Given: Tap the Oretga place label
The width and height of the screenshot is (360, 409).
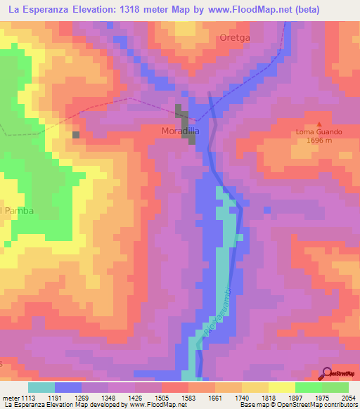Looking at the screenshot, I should click(x=235, y=37).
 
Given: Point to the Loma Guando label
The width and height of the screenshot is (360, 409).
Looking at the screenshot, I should click(x=319, y=131).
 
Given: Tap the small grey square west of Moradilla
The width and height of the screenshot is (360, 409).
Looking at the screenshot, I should click(x=76, y=134).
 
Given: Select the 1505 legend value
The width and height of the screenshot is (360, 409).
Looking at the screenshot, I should click(x=161, y=397).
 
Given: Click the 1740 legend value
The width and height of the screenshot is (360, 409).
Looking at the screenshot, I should click(x=241, y=397).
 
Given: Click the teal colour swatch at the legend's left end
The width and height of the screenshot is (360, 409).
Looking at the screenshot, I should click(x=41, y=387).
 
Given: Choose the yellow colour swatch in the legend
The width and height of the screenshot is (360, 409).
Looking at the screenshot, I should click(x=281, y=387).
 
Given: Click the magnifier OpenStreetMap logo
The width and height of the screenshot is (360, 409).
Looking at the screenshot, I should click(x=327, y=372).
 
